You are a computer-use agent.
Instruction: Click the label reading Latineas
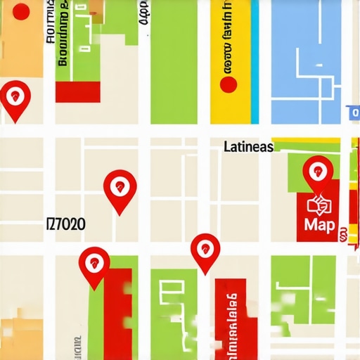[x=247, y=148]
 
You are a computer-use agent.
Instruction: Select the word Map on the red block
[x=320, y=225]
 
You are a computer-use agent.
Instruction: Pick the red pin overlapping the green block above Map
[x=318, y=172]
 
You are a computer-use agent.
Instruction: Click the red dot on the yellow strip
[x=229, y=85]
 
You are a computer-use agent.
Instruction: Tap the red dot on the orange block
[x=22, y=11]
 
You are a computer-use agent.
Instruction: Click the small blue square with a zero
[x=353, y=112]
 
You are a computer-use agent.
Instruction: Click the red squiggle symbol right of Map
[x=343, y=235]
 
